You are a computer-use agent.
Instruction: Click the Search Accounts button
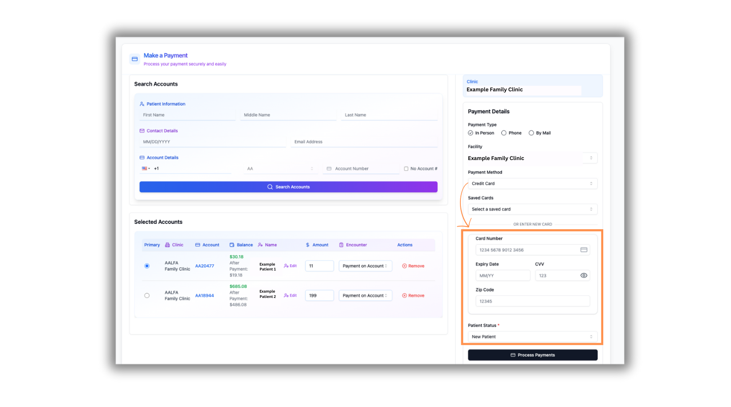(x=288, y=187)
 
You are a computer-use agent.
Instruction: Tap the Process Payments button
(x=532, y=355)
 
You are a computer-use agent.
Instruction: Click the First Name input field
(x=188, y=115)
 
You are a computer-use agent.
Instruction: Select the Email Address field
(x=364, y=142)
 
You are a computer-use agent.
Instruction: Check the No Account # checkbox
(x=406, y=169)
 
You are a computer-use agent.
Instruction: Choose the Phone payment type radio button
(x=504, y=133)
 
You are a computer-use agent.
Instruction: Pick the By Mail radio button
(x=531, y=133)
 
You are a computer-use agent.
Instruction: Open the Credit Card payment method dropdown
(x=532, y=184)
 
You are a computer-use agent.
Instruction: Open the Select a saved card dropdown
(x=532, y=209)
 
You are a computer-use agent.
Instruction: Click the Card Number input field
(x=528, y=250)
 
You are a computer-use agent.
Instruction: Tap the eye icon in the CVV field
(x=584, y=276)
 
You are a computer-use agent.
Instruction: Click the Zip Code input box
(x=532, y=301)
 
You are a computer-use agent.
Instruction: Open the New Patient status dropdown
(x=532, y=337)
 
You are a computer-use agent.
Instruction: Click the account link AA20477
(x=204, y=266)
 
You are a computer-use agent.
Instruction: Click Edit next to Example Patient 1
(x=291, y=266)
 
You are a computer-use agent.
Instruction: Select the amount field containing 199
(x=319, y=296)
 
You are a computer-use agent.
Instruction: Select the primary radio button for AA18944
(x=147, y=296)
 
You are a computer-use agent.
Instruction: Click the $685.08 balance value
(x=238, y=286)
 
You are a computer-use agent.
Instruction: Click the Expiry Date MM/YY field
(x=503, y=276)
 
